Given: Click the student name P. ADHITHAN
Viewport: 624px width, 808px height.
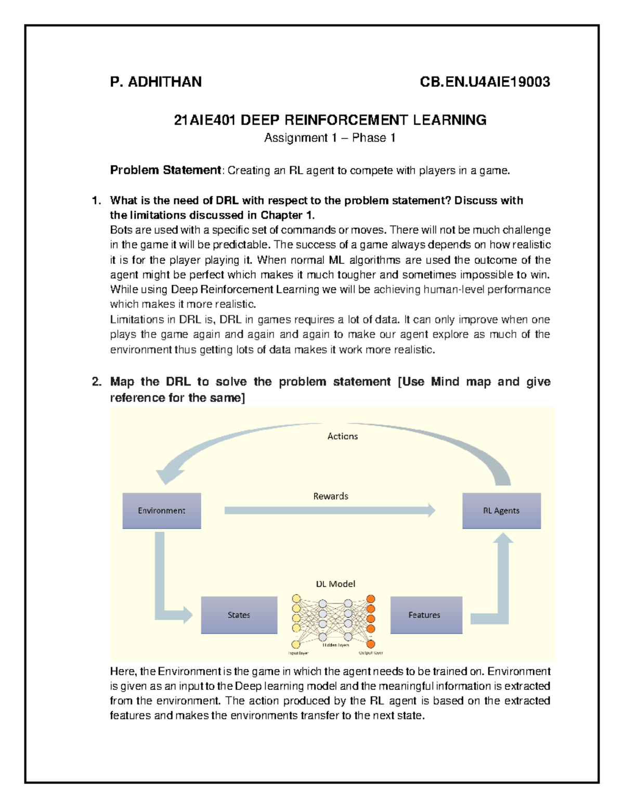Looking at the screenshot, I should click(155, 82).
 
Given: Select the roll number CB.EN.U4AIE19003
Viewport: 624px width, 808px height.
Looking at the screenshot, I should click(485, 82).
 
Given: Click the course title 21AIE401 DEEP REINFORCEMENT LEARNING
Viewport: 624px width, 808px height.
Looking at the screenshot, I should click(330, 120).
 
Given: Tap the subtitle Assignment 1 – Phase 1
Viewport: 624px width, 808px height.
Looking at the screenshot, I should click(330, 138).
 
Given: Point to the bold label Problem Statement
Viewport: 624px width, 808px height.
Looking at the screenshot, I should click(165, 170).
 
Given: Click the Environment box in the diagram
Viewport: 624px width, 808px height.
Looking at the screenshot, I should click(162, 511).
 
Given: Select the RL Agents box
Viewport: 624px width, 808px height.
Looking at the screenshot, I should click(501, 511).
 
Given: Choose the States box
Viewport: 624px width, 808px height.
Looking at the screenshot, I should click(239, 615).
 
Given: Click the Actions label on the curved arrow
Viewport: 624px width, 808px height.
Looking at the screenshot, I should click(342, 437).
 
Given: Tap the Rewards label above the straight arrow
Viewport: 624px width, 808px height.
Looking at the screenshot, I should click(331, 496).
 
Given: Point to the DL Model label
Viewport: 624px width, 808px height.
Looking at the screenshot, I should click(335, 584).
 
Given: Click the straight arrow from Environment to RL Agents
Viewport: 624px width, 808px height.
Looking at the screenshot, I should click(328, 511).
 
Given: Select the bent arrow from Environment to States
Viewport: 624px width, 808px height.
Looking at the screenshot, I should click(160, 583).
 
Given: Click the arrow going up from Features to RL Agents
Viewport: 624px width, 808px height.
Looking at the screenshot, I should click(503, 583).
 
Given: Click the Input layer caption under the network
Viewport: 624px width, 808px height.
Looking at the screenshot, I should click(298, 653).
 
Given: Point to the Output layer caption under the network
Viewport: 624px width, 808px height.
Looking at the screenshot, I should click(371, 653).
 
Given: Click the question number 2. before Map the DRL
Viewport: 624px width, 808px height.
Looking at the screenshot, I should click(96, 382).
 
